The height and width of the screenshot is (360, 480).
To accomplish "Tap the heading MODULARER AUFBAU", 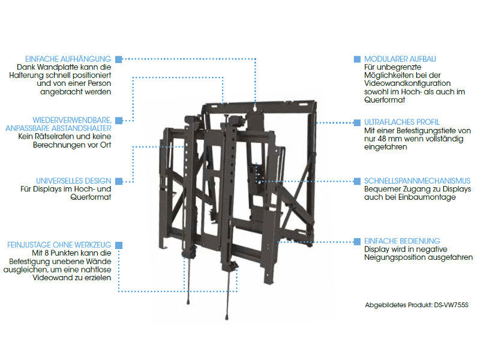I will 400,59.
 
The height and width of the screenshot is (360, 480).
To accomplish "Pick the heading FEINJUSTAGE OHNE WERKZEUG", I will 59,245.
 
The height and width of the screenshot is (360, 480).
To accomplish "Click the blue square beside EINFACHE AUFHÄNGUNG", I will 118,59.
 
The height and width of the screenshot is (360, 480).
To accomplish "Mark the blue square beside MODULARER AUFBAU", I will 355,59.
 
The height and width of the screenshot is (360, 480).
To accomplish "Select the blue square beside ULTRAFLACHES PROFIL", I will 355,122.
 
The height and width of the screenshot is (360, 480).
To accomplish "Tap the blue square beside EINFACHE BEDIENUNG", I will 355,241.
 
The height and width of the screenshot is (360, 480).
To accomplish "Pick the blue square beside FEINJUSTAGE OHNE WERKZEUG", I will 118,245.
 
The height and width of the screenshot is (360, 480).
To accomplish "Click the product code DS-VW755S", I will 451,305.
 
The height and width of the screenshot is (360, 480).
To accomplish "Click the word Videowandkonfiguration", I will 407,83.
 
